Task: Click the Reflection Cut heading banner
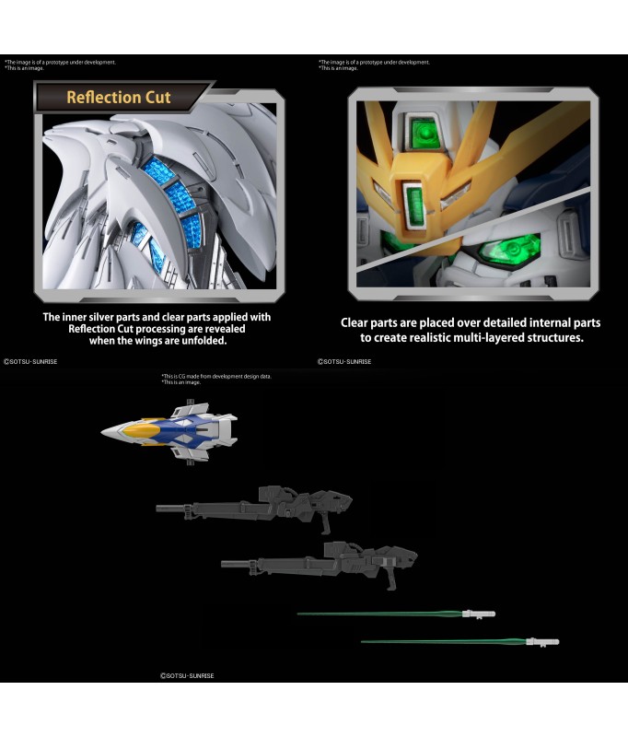pyautogui.click(x=120, y=98)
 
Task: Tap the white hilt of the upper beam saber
pyautogui.click(x=479, y=613)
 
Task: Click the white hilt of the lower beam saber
pyautogui.click(x=543, y=641)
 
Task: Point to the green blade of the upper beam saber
pyautogui.click(x=378, y=614)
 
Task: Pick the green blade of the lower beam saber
pyautogui.click(x=442, y=642)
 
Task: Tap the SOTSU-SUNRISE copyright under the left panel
pyautogui.click(x=31, y=362)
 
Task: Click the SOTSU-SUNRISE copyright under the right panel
pyautogui.click(x=345, y=362)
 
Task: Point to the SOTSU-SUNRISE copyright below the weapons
pyautogui.click(x=188, y=675)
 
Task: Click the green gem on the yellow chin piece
pyautogui.click(x=413, y=198)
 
